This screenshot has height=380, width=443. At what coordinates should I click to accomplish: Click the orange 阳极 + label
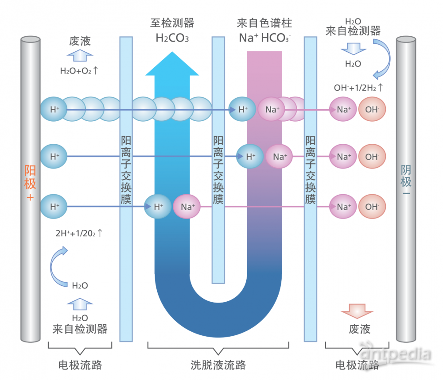tap(30, 183)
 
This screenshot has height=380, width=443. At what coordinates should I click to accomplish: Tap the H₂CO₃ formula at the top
tap(172, 38)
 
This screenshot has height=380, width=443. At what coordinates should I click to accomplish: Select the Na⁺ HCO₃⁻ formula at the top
tap(265, 38)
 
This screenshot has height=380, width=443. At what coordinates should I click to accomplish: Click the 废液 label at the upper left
tap(80, 41)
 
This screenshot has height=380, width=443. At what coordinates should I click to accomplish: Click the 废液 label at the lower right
tap(360, 329)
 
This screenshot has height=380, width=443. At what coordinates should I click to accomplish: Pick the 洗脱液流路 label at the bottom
tap(218, 365)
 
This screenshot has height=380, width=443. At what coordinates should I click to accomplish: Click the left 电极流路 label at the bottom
tap(80, 365)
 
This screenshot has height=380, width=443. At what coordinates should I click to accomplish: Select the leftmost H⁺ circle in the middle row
tap(54, 156)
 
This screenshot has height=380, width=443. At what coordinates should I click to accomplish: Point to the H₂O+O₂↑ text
tap(78, 70)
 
